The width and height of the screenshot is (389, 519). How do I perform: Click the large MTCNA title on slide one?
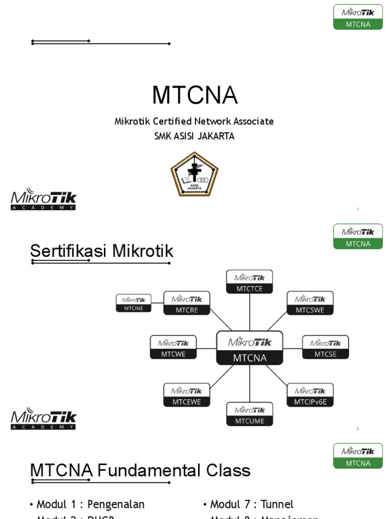(x=194, y=95)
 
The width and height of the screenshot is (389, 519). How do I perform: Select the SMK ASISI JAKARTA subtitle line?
(x=194, y=136)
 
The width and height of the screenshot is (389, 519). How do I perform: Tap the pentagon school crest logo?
(x=194, y=174)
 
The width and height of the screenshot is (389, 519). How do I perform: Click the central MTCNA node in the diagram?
(x=249, y=348)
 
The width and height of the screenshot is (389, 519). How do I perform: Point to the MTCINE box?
(x=134, y=303)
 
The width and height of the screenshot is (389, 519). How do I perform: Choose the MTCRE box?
(x=186, y=303)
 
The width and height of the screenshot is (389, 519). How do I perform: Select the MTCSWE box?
(x=310, y=303)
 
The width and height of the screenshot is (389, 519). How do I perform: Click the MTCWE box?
(x=173, y=348)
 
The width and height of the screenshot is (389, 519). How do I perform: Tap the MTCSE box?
(x=325, y=348)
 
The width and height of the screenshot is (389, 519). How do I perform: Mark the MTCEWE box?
(x=186, y=395)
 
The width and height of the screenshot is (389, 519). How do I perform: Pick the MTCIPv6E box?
(x=310, y=395)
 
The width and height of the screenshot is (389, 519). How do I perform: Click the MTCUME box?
(x=249, y=415)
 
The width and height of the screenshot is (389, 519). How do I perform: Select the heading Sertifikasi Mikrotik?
(x=102, y=251)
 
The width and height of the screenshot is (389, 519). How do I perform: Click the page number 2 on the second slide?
(x=358, y=429)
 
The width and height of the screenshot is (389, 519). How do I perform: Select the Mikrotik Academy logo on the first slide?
(x=44, y=200)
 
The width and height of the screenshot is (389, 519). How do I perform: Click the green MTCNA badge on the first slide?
(x=358, y=17)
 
